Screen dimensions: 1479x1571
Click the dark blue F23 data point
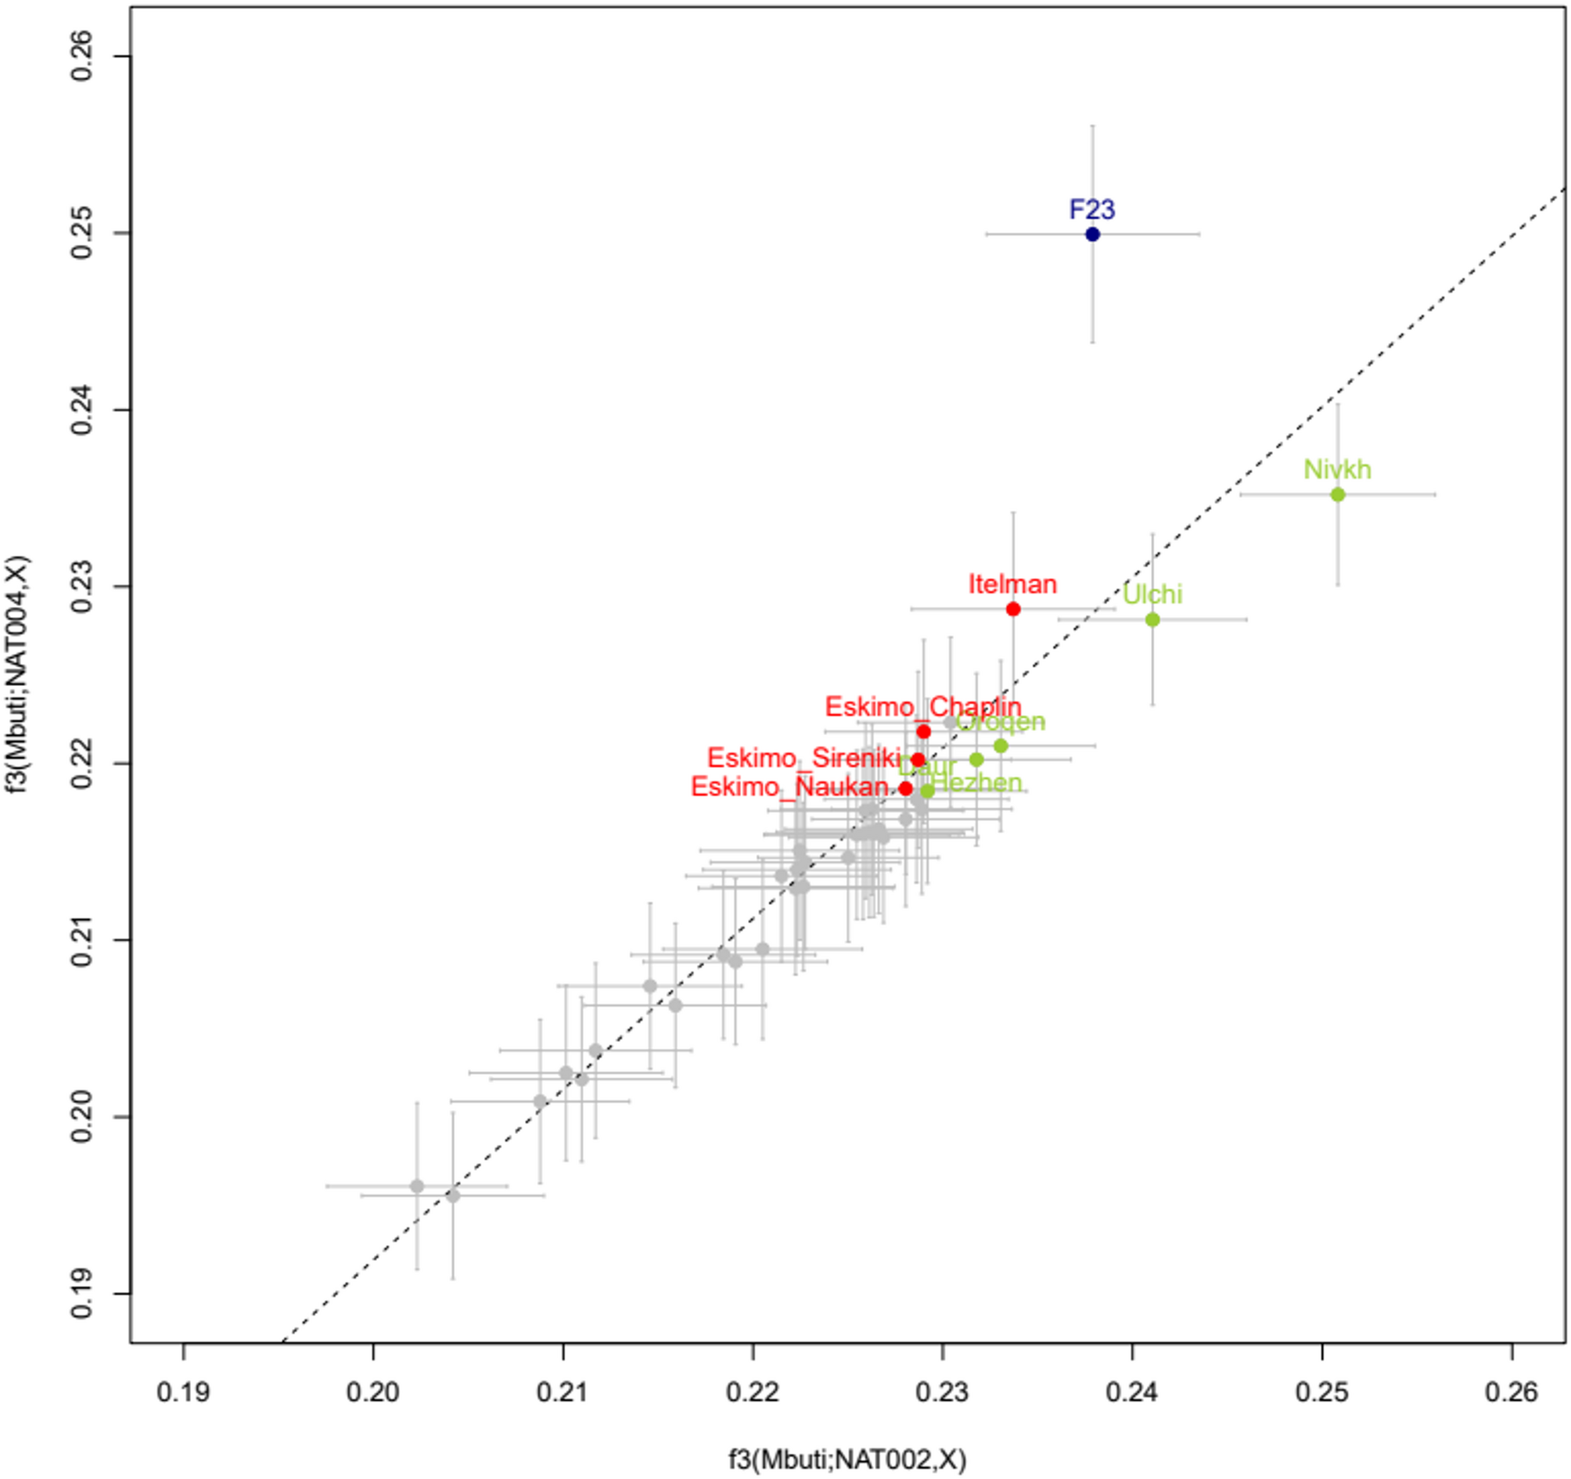(x=1093, y=234)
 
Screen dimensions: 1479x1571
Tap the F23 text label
(x=1092, y=210)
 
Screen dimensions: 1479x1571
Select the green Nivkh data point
(x=1338, y=494)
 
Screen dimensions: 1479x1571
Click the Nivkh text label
(x=1337, y=469)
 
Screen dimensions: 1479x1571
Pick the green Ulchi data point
(x=1153, y=619)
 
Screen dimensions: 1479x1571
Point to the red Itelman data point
(x=1013, y=609)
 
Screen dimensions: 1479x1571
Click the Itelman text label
(x=1012, y=585)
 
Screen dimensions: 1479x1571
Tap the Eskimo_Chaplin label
(x=923, y=706)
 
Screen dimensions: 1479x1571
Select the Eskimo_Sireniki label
(x=803, y=758)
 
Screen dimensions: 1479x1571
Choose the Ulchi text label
(x=1153, y=594)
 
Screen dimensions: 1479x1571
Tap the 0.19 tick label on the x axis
(x=183, y=1391)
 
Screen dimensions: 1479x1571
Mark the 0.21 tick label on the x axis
(x=563, y=1391)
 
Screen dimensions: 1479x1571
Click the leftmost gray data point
(x=417, y=1186)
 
